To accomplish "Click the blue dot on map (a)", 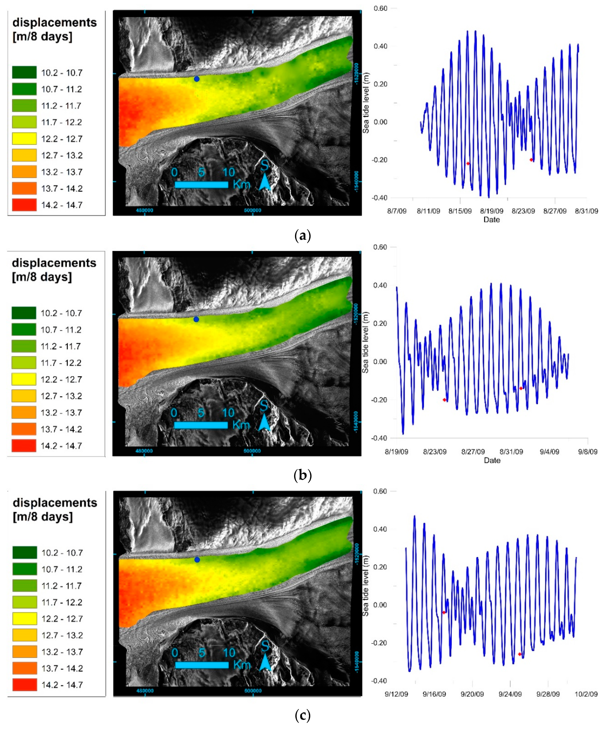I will click(x=197, y=79).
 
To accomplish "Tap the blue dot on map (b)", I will click(x=196, y=319).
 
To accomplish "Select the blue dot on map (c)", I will click(x=197, y=559).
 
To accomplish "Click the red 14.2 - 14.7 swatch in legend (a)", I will click(x=24, y=205).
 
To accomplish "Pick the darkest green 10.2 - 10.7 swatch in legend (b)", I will click(x=24, y=313).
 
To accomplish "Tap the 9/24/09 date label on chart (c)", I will click(x=510, y=694).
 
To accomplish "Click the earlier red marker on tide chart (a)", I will click(x=468, y=163).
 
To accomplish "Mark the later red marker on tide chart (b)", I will click(x=521, y=388).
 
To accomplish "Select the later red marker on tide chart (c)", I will click(x=519, y=654).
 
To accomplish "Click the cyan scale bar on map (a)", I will click(x=201, y=184).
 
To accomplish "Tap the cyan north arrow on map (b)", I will click(x=264, y=422).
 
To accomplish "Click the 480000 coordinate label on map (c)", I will click(x=145, y=690).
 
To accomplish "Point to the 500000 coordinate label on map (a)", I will click(x=253, y=210).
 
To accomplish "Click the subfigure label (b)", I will click(x=302, y=475).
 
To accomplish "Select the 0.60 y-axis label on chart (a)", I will click(x=380, y=8).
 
